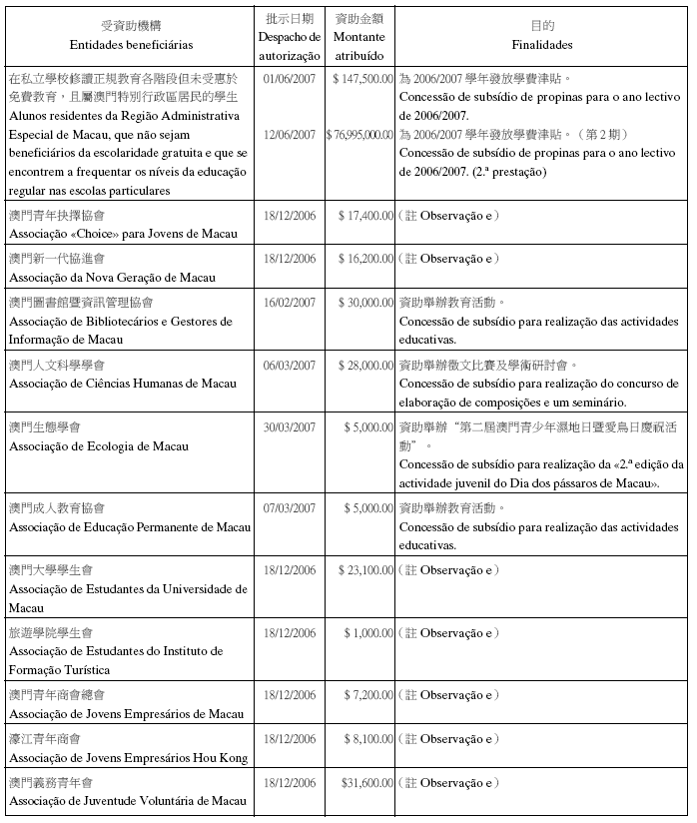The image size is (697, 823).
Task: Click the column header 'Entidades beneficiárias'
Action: (131, 45)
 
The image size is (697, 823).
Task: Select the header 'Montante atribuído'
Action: (359, 47)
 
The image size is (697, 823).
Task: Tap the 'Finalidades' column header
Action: (542, 45)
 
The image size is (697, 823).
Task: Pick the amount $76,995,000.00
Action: (359, 134)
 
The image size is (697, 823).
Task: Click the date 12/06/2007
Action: (290, 134)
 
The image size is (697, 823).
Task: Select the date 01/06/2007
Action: (290, 77)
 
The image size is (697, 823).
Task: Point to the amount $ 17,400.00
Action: (364, 215)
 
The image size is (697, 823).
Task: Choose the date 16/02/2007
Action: (290, 302)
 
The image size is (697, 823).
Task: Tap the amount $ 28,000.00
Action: (364, 365)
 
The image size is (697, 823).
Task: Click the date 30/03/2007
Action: (290, 426)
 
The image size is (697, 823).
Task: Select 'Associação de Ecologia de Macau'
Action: (109, 445)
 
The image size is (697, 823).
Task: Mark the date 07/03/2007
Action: (290, 507)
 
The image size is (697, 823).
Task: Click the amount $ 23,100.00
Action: (364, 569)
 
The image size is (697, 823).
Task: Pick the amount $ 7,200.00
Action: (367, 694)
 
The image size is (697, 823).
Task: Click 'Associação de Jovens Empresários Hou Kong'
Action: (128, 758)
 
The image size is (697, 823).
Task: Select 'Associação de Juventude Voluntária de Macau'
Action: (127, 801)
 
